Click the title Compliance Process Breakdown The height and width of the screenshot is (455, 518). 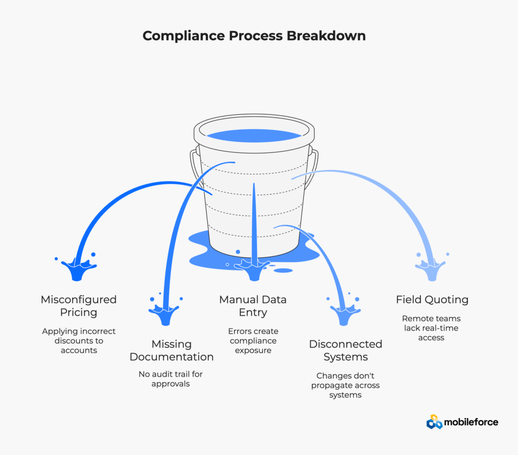click(x=254, y=36)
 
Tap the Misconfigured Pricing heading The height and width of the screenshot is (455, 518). click(x=78, y=306)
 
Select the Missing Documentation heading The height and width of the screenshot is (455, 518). click(x=171, y=350)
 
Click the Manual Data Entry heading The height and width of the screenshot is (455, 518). click(x=253, y=306)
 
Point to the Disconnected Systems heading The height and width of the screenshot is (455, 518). click(x=346, y=350)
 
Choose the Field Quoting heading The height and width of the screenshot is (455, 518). click(x=432, y=300)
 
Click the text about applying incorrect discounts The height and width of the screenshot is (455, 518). click(x=78, y=341)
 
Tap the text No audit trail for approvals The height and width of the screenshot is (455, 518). click(x=171, y=379)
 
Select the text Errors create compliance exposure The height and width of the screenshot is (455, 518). click(x=253, y=341)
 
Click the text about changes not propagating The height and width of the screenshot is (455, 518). click(x=346, y=385)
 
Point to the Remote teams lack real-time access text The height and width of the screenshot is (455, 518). click(x=431, y=328)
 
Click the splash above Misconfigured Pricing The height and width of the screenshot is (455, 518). click(x=78, y=268)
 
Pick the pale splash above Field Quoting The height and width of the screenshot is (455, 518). click(x=430, y=268)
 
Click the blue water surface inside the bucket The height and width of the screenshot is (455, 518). click(x=254, y=135)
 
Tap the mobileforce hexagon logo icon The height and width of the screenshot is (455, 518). click(x=435, y=422)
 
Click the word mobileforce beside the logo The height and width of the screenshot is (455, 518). click(x=471, y=422)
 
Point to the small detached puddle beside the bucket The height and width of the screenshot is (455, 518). click(x=283, y=270)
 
